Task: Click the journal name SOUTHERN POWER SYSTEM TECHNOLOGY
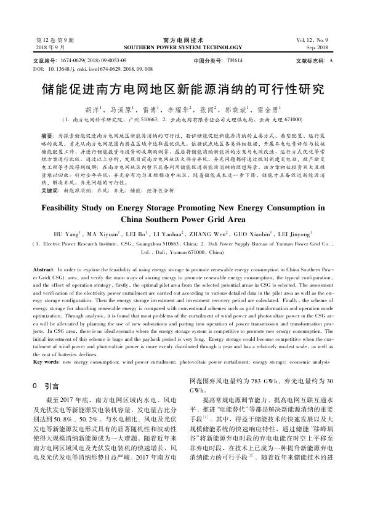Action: coord(183,47)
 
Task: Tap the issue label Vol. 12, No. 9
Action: coord(315,39)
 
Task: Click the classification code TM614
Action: coord(234,62)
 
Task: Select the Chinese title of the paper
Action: coord(183,88)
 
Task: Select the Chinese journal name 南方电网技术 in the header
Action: coord(183,39)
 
